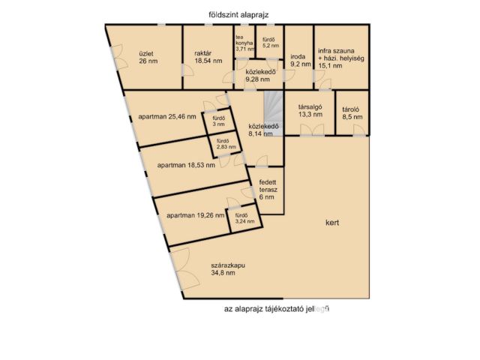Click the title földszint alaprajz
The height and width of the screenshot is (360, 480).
[239, 14]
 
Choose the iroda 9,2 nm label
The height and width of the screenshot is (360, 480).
[299, 60]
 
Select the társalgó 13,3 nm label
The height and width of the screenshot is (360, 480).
[310, 110]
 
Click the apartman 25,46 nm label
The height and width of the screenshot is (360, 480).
[167, 117]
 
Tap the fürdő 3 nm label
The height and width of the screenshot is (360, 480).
[219, 121]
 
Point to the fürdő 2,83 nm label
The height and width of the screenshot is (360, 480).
[222, 145]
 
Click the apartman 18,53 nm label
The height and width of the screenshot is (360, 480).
[187, 165]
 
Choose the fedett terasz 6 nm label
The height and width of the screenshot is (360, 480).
[268, 190]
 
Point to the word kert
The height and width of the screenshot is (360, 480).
[332, 223]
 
